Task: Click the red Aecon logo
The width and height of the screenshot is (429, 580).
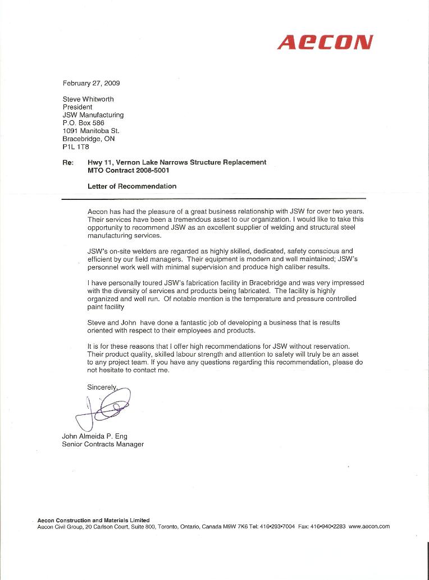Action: (x=325, y=42)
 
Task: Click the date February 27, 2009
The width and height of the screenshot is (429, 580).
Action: (x=91, y=83)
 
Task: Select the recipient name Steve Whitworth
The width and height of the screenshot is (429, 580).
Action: (x=88, y=99)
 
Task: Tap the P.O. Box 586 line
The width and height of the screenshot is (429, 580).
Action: (x=83, y=122)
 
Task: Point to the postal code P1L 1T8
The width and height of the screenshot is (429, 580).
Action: (x=76, y=146)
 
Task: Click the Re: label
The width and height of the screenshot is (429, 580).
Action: (x=68, y=162)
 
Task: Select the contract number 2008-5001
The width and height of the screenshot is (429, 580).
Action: (x=149, y=170)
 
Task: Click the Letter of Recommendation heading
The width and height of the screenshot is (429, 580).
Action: (x=132, y=186)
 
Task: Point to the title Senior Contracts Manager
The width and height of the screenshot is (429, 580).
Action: (x=103, y=444)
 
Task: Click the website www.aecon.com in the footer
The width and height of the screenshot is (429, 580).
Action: (x=369, y=527)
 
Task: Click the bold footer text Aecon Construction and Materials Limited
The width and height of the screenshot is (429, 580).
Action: (x=93, y=520)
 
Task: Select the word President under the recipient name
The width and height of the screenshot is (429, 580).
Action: (x=77, y=107)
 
